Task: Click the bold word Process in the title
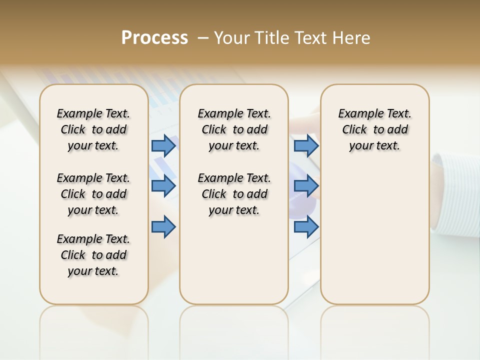point(154,38)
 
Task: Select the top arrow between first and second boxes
point(163,145)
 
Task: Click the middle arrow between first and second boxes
point(163,186)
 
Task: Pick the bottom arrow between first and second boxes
point(163,227)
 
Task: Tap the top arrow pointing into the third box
point(306,145)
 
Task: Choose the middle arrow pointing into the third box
point(306,186)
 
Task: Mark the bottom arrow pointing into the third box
point(306,227)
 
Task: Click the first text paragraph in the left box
point(93,129)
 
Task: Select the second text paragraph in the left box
point(93,194)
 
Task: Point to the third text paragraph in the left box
point(93,255)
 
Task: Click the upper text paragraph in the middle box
point(234,129)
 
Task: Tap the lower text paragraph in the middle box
point(234,194)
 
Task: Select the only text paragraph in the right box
point(374,129)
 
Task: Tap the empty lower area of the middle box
point(234,260)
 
